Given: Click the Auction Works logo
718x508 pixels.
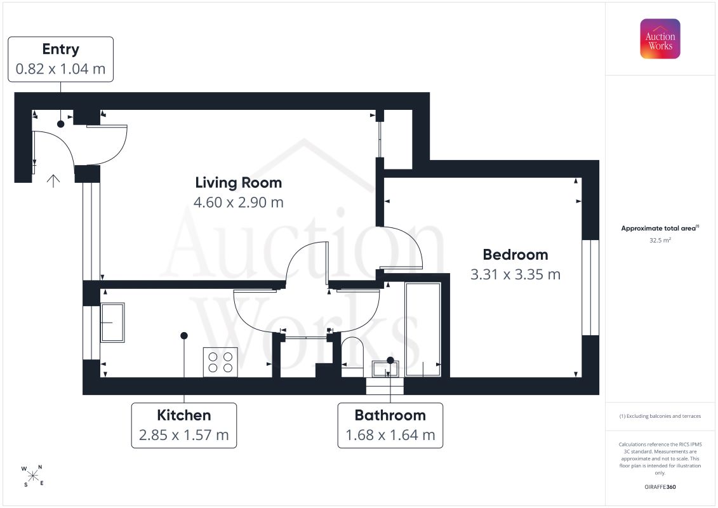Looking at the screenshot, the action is pyautogui.click(x=660, y=39).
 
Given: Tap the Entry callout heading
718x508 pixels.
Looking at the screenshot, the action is pyautogui.click(x=60, y=49).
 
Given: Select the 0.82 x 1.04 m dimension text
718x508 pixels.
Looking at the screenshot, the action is pyautogui.click(x=60, y=69).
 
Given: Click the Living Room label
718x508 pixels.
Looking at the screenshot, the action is pyautogui.click(x=239, y=183).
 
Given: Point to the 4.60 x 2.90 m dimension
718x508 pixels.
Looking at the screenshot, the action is pyautogui.click(x=239, y=202).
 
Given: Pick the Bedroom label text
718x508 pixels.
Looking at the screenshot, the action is pyautogui.click(x=515, y=255).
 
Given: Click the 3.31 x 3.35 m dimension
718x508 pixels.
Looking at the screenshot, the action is pyautogui.click(x=515, y=274).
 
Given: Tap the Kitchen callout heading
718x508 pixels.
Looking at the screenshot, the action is pyautogui.click(x=184, y=415).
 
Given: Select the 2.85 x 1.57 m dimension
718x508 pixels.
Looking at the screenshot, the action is pyautogui.click(x=184, y=435).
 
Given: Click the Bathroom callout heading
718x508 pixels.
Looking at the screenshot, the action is pyautogui.click(x=390, y=415).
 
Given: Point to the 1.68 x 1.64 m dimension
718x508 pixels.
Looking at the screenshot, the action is pyautogui.click(x=390, y=435).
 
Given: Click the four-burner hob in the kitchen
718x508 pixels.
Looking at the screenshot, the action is pyautogui.click(x=220, y=363).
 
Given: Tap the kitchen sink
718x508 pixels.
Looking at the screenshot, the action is pyautogui.click(x=112, y=323).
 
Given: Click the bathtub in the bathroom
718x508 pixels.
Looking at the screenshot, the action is pyautogui.click(x=423, y=330).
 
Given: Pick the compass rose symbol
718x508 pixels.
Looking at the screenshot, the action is pyautogui.click(x=32, y=476).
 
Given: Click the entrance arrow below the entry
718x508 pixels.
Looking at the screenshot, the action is pyautogui.click(x=53, y=181).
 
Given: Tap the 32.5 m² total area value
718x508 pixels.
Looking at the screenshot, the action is pyautogui.click(x=660, y=240).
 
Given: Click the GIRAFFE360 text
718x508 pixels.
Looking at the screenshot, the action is pyautogui.click(x=660, y=487).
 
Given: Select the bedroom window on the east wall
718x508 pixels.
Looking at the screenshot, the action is pyautogui.click(x=590, y=288).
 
